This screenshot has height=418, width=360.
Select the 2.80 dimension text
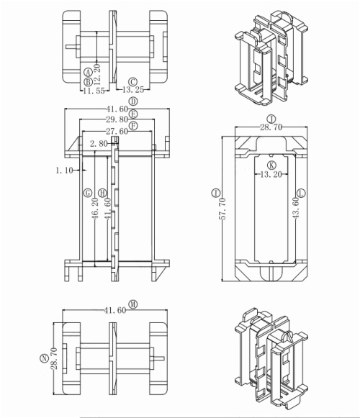point(99,144)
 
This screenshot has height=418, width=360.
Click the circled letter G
point(87,193)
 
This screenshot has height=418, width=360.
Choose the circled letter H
point(102,193)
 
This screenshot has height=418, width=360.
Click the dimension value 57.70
point(222,210)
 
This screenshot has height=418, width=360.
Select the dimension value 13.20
point(271,175)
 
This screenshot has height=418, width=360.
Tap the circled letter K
point(271,165)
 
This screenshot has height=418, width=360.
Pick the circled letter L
point(301,193)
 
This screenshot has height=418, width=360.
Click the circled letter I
point(216,193)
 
